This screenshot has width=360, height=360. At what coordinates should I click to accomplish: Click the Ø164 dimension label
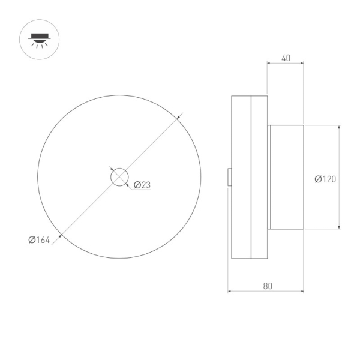39,240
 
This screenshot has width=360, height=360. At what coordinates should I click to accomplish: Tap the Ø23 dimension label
142,185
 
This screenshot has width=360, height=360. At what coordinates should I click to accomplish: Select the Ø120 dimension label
325,179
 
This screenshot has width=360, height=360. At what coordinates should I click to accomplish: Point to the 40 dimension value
286,58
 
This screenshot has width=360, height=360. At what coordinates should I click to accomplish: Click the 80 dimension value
268,286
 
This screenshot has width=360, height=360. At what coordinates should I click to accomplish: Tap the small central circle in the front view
119,177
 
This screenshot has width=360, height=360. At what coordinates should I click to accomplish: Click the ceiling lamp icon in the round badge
39,40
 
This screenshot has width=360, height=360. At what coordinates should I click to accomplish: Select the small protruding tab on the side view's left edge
229,177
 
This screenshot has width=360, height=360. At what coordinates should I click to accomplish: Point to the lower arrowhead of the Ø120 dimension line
340,226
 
